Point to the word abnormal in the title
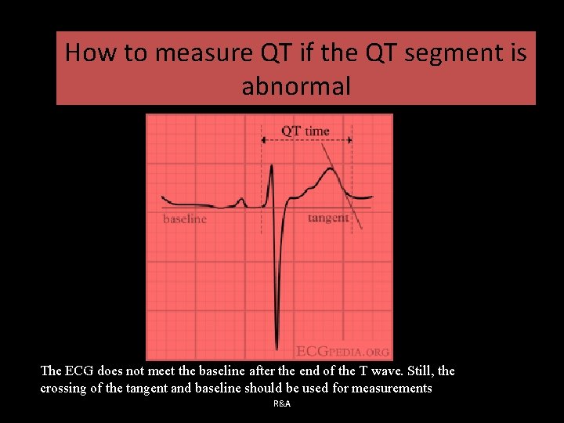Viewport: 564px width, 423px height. tap(296, 86)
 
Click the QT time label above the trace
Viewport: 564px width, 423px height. tap(305, 131)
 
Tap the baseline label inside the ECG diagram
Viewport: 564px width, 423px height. tap(185, 219)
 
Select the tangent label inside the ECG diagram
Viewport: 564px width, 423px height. tap(328, 218)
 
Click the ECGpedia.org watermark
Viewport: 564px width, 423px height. tap(343, 352)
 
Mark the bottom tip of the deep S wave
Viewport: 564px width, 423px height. tap(277, 347)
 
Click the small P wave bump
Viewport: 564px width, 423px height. tap(241, 201)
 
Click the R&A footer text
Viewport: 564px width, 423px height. tap(282, 403)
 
